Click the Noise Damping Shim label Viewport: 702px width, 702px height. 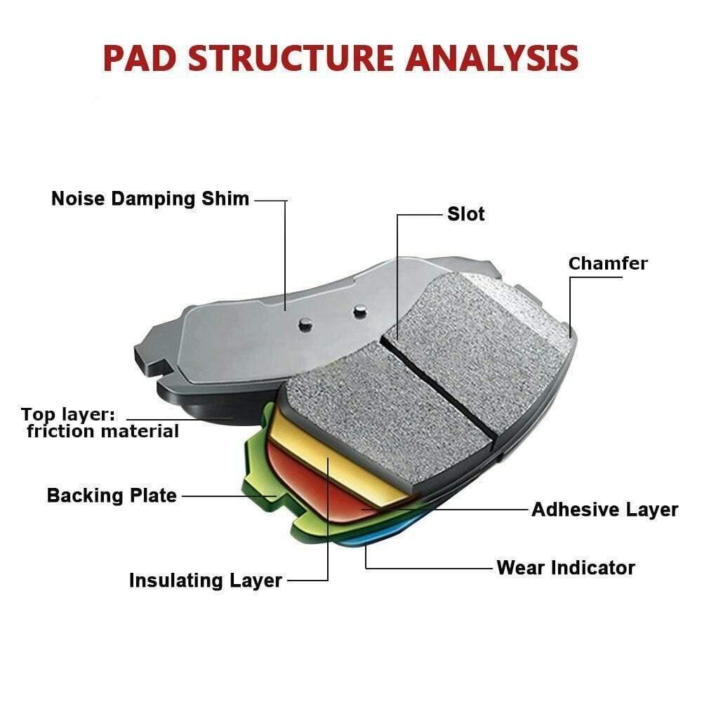(x=150, y=199)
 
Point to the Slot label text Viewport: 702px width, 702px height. (x=466, y=214)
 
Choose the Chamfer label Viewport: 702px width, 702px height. (x=608, y=264)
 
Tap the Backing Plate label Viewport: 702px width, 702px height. (x=112, y=496)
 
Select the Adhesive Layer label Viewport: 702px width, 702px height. (x=604, y=510)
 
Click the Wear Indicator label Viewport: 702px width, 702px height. (x=566, y=567)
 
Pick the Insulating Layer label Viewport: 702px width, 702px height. (x=205, y=581)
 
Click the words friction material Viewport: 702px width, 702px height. (x=103, y=431)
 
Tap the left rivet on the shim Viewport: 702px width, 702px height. (x=305, y=323)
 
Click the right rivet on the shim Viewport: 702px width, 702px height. (x=359, y=309)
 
